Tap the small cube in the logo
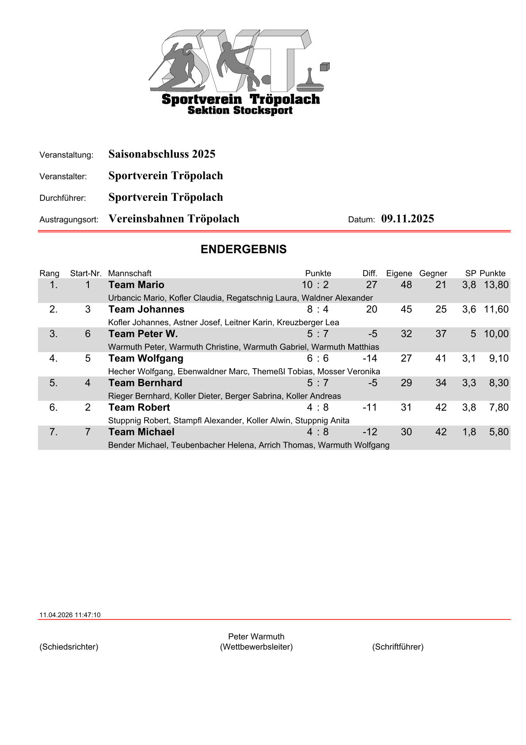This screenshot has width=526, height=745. tap(324, 67)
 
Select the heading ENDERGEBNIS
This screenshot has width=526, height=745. tap(244, 250)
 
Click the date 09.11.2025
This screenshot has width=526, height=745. tap(408, 219)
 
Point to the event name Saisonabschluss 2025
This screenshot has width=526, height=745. tap(162, 154)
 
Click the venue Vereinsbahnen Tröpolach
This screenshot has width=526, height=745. tap(174, 219)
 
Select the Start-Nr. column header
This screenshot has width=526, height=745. tap(86, 273)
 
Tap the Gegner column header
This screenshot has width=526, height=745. tap(433, 273)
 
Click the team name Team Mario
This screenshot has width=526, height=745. tap(136, 285)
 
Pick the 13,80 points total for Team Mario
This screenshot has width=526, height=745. tap(496, 285)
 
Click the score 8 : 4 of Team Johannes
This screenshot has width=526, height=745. tap(318, 309)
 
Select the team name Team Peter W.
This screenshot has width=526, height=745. tap(143, 334)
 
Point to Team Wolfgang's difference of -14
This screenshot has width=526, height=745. tap(370, 358)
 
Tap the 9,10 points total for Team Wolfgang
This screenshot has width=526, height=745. tap(499, 358)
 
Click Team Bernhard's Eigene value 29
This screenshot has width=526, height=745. tap(406, 383)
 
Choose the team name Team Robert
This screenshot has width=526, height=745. tap(139, 407)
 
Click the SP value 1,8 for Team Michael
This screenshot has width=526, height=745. tap(469, 432)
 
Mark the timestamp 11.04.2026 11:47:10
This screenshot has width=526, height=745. tap(70, 615)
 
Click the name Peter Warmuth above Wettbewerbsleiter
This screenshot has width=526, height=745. tap(256, 637)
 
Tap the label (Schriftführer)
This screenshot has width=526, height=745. tap(398, 647)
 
